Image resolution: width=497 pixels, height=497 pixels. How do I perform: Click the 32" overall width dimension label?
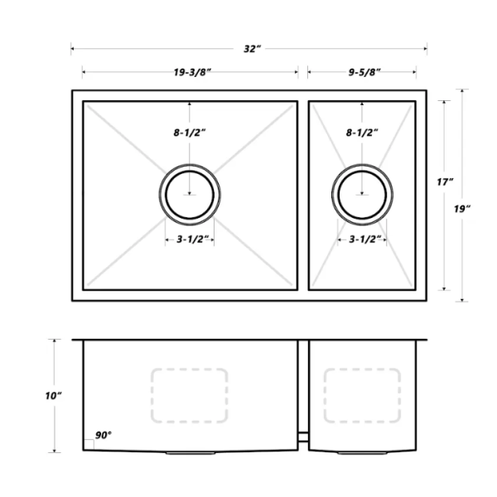252,49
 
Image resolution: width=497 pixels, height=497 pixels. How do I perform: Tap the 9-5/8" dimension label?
362,72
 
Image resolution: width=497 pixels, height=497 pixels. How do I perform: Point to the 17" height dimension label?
446,181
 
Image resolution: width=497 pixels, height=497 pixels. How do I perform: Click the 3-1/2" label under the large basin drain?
190,240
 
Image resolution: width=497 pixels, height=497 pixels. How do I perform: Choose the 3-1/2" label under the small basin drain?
362,240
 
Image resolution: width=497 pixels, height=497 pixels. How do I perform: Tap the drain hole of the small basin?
362,195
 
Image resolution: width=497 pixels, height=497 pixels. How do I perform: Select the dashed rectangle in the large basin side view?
190,395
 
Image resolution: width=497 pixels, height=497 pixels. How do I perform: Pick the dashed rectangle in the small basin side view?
361,395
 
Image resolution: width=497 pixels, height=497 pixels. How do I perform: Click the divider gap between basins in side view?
304,435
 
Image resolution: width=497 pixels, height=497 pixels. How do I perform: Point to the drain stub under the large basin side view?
190,452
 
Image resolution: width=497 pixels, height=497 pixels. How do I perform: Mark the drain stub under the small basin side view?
362,452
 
